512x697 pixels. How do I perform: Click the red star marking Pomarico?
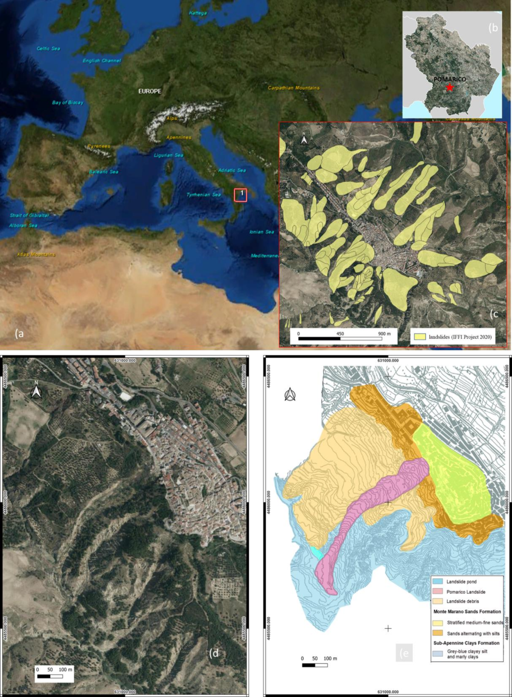coord(450,87)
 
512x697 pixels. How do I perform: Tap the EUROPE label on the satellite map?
coord(150,91)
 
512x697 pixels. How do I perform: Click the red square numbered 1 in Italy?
coord(241,195)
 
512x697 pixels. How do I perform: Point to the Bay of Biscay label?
coord(67,102)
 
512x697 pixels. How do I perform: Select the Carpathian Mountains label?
coord(294,88)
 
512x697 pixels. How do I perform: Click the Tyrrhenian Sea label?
coord(204,195)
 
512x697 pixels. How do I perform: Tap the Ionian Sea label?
coord(262,232)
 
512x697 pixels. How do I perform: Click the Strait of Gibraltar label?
coord(29,215)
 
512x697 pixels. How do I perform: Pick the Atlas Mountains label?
coord(36,255)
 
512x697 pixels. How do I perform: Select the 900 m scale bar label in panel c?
coord(384,334)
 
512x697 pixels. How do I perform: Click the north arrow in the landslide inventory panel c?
coord(304,139)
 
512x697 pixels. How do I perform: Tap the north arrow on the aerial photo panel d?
coord(36,391)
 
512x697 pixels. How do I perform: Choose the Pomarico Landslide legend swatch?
coord(438,592)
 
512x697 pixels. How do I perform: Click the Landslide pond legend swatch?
coord(438,581)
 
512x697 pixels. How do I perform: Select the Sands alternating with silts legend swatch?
coord(438,633)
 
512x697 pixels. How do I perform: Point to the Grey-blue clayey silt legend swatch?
coord(438,653)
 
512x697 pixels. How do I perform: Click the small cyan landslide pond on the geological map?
coord(316,553)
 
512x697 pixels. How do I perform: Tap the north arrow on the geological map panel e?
coord(290,395)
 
